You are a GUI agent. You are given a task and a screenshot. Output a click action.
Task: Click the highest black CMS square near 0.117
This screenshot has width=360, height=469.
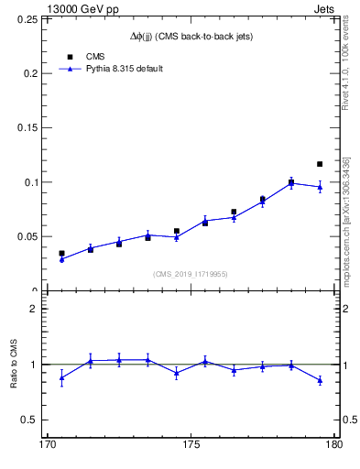[320, 164]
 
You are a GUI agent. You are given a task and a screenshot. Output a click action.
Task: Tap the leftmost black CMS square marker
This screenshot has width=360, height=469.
[61, 254]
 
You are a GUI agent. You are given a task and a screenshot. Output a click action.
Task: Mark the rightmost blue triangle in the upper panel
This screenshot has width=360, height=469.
[320, 187]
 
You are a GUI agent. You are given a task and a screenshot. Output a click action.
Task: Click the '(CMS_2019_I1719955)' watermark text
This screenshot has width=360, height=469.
[191, 273]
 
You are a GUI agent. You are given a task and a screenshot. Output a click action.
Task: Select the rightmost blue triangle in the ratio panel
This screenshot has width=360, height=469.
[320, 380]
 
